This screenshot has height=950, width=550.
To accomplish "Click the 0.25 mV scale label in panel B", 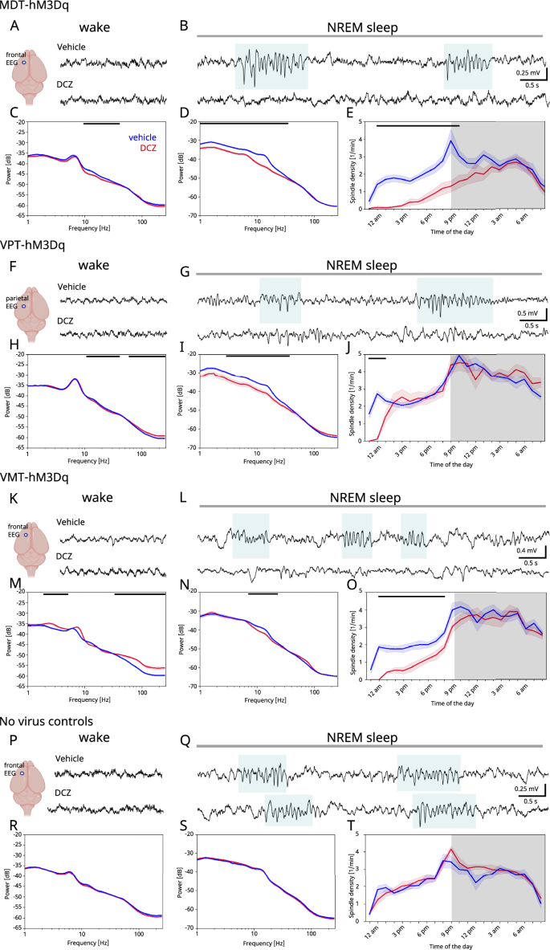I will (528, 72).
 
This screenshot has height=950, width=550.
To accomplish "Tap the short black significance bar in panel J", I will (377, 358).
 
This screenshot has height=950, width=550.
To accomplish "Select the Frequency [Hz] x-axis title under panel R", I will (94, 943).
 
